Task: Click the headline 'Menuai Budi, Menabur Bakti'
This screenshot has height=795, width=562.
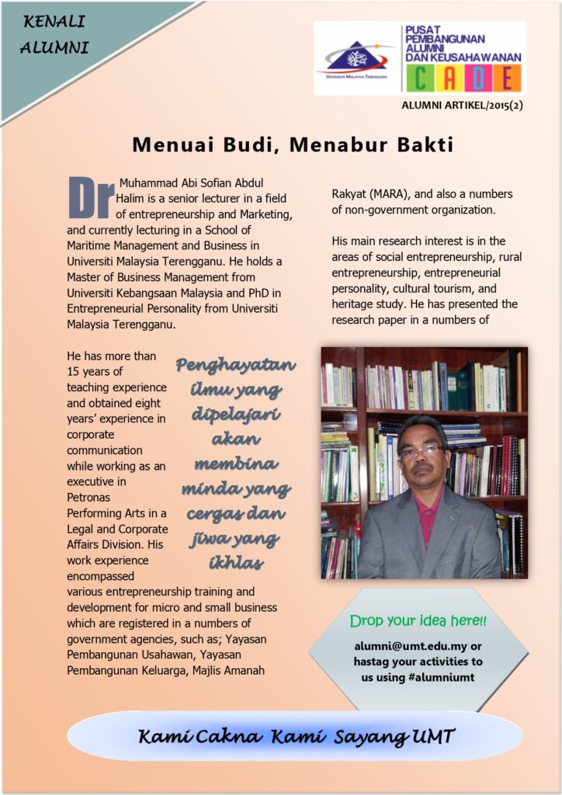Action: [292, 145]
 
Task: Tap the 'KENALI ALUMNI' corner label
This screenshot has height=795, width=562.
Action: [54, 34]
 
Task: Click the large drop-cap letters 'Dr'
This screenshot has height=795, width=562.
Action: [91, 198]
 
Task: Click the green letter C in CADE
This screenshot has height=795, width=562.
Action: [419, 78]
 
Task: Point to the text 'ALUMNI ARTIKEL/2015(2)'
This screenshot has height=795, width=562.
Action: [462, 105]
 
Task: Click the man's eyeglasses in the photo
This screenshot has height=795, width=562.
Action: [423, 450]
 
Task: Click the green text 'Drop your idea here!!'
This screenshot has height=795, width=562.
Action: [418, 621]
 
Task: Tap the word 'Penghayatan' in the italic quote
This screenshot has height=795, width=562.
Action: [235, 365]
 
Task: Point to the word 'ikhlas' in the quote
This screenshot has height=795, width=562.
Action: [235, 562]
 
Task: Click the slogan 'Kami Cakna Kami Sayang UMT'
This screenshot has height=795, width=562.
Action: [295, 736]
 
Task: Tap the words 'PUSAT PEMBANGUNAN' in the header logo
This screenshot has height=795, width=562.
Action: [446, 34]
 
